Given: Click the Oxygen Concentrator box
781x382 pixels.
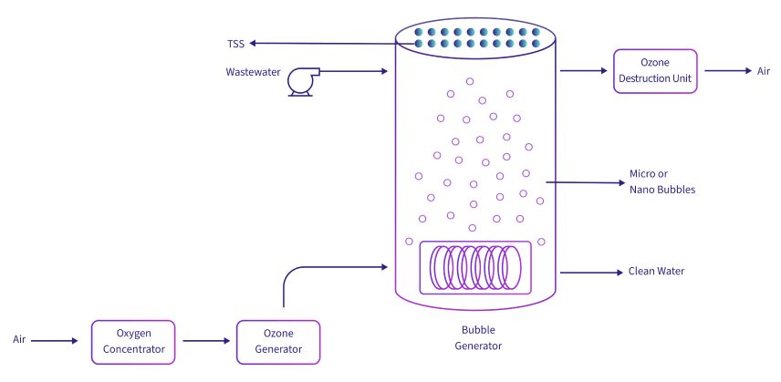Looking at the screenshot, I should pos(133,342).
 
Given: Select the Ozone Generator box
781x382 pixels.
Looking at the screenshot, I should pos(278,342).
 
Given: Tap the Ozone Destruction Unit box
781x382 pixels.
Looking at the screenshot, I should pos(655,70).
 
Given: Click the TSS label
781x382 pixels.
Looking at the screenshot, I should pos(235,43).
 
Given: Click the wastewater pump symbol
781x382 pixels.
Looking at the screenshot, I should pos(300,81).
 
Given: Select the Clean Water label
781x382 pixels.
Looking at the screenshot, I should pos(656,272).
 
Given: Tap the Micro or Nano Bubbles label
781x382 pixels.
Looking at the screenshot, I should pos(662,182).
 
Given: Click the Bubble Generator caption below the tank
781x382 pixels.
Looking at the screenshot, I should pos(477,338).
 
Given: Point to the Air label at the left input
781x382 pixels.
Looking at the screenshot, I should pos(19,340).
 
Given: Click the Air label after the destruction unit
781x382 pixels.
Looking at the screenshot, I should pos(764,71).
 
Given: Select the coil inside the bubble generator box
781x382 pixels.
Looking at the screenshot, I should pos(474,267).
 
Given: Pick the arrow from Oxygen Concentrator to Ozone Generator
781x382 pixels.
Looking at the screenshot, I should pos(206,341).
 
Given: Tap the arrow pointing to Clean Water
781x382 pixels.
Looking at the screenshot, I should pos(589,272).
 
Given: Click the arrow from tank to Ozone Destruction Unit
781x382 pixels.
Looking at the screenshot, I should pos(584,70).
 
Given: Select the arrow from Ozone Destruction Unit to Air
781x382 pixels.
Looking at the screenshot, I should pos(726,70).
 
